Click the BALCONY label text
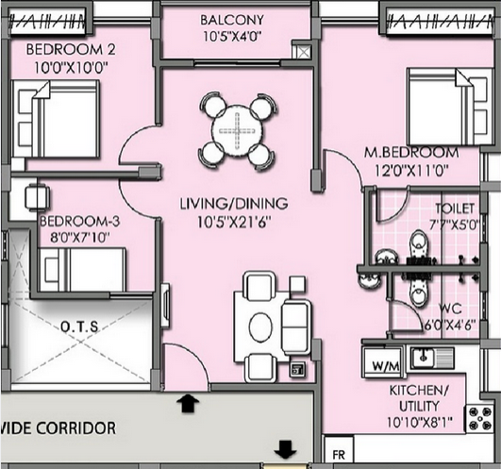coord(232,20)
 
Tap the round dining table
coord(237,131)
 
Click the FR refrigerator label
coord(339,455)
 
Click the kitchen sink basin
coord(423,357)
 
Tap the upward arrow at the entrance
coord(188,403)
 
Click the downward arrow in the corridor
coord(285,450)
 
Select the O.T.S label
coord(79,327)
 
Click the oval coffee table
coord(260,327)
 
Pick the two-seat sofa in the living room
coord(296,327)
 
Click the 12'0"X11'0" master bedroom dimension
coord(411,170)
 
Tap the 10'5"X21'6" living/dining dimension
coord(234,222)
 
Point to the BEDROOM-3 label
coord(79,222)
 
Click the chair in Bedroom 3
coord(38,197)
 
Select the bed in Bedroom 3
coord(82,270)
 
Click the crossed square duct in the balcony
coord(301,50)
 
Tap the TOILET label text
coord(455,209)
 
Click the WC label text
coord(450,309)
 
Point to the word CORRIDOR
coord(76,428)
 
